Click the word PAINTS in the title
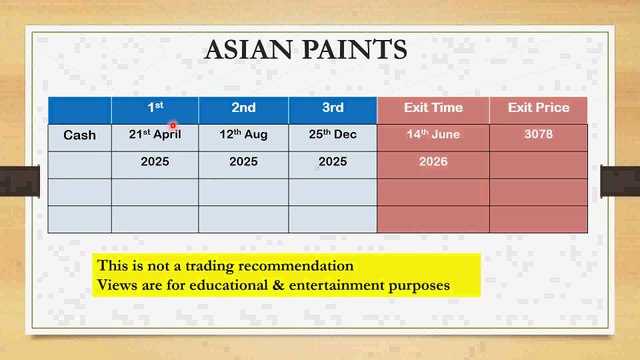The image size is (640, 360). point(359,49)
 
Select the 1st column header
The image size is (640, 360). point(155,108)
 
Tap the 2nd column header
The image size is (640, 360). point(243,108)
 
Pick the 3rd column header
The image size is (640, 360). point(333,108)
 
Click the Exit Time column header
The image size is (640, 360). point(432,108)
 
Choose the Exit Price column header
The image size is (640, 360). point(538,108)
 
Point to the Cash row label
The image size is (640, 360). point(80,135)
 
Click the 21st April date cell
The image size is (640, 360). point(155,135)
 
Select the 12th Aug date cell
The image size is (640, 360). point(243,135)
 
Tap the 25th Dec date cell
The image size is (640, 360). point(333,135)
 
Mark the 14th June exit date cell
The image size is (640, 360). point(432,135)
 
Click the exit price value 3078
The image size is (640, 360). point(538,135)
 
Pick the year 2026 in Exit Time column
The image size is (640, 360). point(432,161)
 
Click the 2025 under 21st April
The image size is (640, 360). point(155,161)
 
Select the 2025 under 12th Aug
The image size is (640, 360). point(243,161)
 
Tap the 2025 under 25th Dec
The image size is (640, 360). point(333,161)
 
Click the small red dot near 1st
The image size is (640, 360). point(172,126)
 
